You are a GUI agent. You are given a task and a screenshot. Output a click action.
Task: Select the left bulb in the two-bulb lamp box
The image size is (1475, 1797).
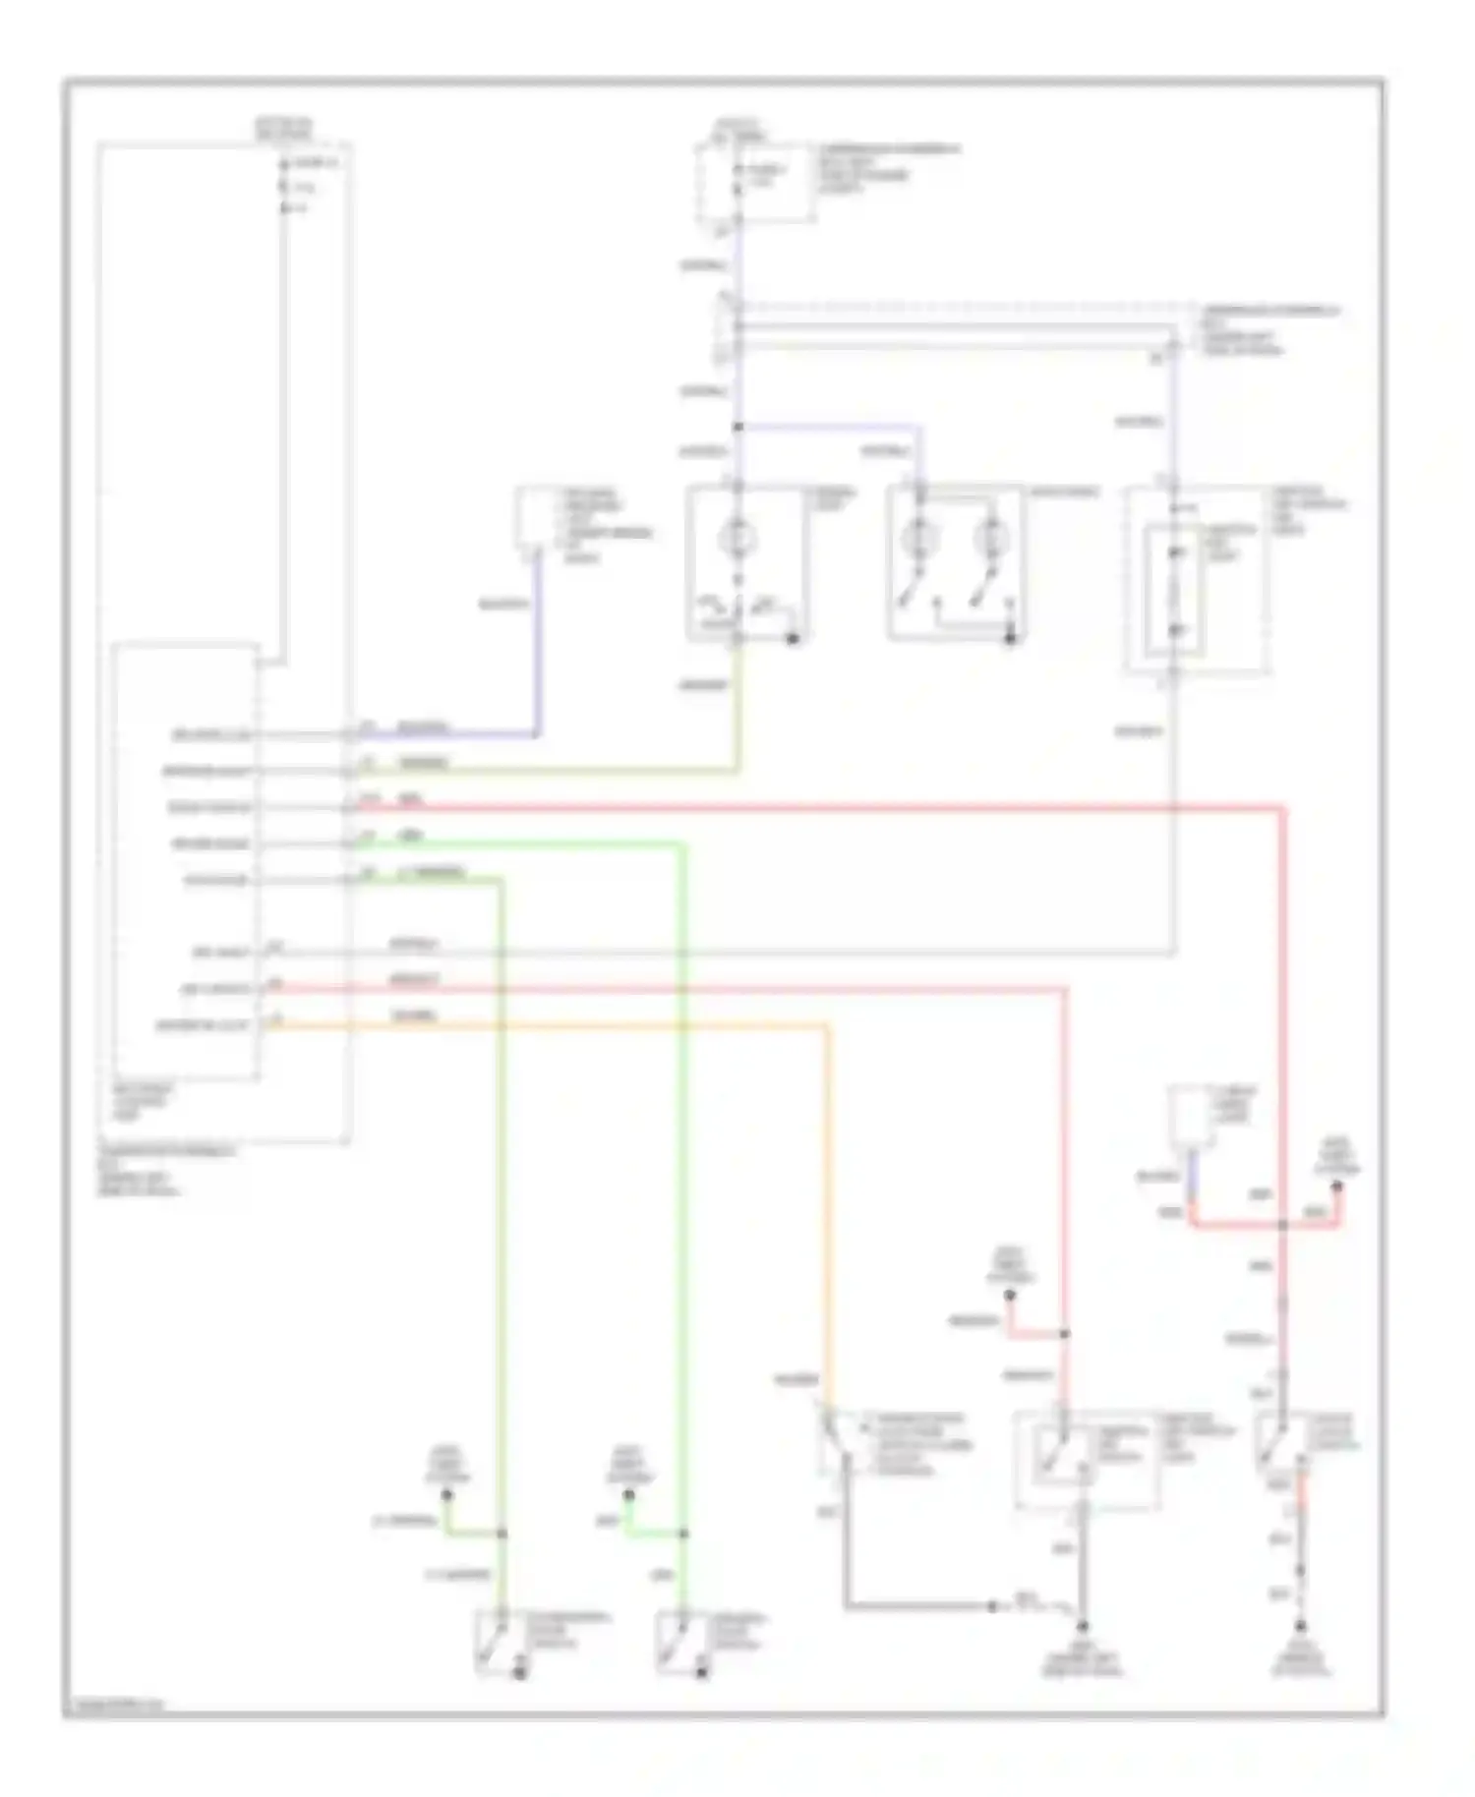920,538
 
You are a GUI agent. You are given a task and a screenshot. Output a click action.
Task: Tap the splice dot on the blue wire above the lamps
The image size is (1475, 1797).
737,427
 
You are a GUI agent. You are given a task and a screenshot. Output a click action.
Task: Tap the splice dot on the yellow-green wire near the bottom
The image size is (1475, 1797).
501,1534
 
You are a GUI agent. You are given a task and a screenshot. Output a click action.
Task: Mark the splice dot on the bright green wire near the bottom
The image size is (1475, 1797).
684,1534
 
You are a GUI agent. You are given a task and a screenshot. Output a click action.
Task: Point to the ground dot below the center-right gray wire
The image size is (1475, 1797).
1082,1627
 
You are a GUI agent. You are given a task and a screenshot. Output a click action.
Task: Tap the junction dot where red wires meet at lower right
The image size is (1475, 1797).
1283,1225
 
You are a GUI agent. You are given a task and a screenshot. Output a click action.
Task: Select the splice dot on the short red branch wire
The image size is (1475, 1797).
1065,1334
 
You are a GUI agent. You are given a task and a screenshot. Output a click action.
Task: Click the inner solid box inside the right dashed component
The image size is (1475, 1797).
1173,590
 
